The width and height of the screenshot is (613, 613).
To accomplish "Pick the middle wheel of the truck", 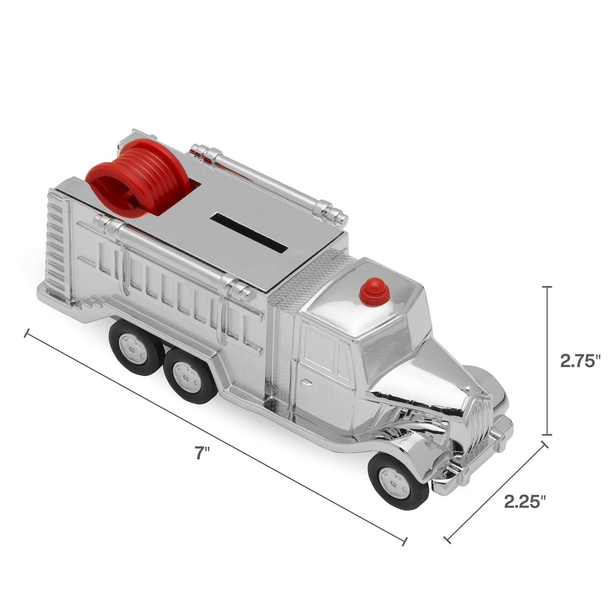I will coord(185,375).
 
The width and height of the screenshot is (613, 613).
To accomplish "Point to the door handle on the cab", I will coord(305,383).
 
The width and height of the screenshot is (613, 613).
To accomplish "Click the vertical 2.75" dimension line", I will coord(549,361).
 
